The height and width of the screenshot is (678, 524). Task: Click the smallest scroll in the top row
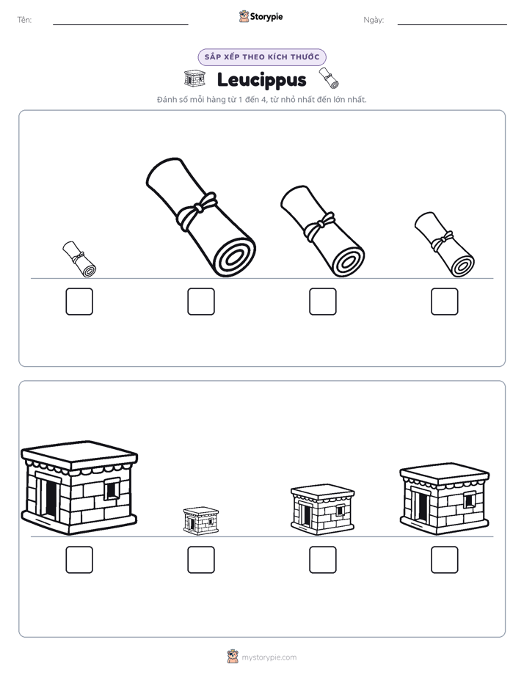pyautogui.click(x=79, y=259)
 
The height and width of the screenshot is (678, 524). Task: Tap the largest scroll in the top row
pyautogui.click(x=200, y=217)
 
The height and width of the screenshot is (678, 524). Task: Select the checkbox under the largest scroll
pyautogui.click(x=201, y=302)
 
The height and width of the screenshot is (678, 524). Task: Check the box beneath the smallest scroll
pyautogui.click(x=79, y=302)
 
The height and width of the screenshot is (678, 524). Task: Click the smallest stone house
pyautogui.click(x=201, y=521)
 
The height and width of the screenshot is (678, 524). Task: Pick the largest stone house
pyautogui.click(x=79, y=488)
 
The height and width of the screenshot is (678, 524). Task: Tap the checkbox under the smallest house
pyautogui.click(x=201, y=560)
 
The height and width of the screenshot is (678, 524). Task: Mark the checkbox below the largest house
pyautogui.click(x=79, y=560)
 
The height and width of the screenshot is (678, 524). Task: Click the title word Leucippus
pyautogui.click(x=261, y=80)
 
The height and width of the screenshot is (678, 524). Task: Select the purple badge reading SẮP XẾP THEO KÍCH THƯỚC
pyautogui.click(x=262, y=57)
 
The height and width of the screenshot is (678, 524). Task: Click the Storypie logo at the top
pyautogui.click(x=261, y=17)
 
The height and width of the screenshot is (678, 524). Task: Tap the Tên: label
pyautogui.click(x=24, y=20)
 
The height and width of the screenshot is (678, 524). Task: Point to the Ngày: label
pyautogui.click(x=374, y=20)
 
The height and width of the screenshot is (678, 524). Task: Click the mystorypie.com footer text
pyautogui.click(x=269, y=657)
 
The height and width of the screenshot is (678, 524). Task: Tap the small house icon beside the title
pyautogui.click(x=194, y=79)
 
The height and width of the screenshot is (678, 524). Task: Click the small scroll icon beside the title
pyautogui.click(x=329, y=78)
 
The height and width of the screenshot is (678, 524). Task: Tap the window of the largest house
pyautogui.click(x=112, y=489)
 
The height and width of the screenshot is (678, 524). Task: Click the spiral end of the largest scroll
pyautogui.click(x=234, y=256)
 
